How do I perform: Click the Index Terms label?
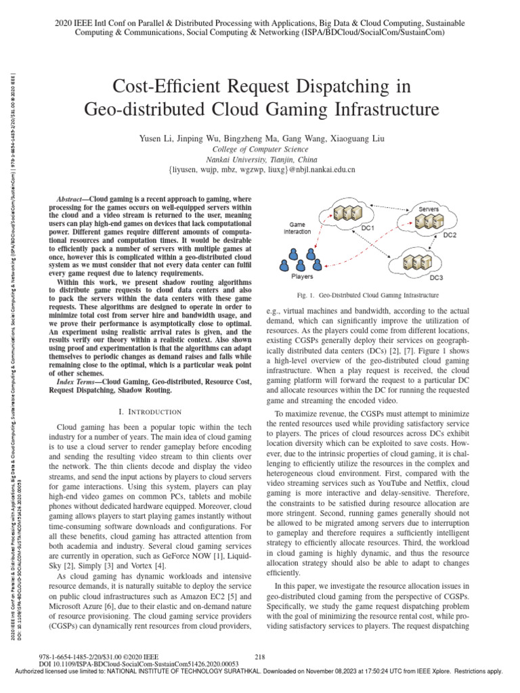click(74, 382)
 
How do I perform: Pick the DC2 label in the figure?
click(450, 235)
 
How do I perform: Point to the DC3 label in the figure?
click(437, 277)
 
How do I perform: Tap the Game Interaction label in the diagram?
click(298, 227)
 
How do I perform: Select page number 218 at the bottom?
click(260, 656)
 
